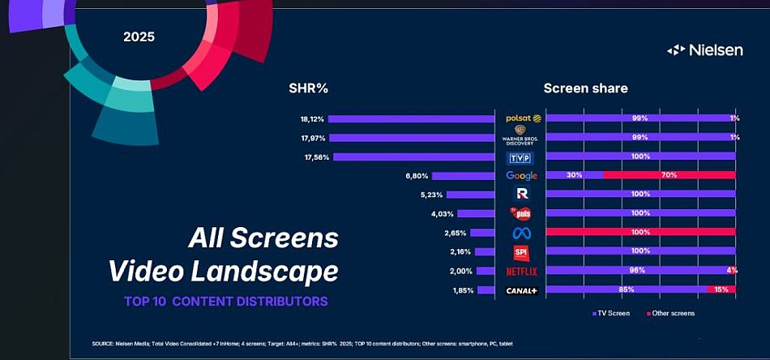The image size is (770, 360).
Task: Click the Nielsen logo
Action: click(704, 50)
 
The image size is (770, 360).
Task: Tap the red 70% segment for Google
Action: click(669, 175)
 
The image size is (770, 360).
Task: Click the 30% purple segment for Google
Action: click(575, 175)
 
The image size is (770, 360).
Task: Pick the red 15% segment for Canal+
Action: click(721, 289)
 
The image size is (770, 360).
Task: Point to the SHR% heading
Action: click(308, 88)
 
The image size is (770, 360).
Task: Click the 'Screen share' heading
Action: click(585, 88)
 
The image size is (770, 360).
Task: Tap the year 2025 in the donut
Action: click(139, 36)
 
